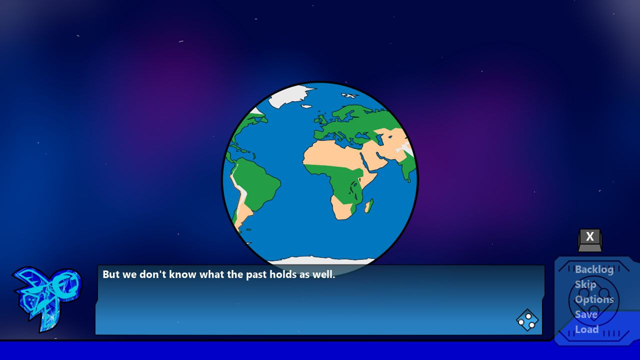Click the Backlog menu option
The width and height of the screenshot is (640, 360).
[594, 269]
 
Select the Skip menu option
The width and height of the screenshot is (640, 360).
[585, 284]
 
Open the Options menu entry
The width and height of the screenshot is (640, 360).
[594, 299]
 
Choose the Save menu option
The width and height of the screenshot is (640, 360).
[586, 314]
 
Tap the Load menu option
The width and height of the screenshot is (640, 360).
[586, 329]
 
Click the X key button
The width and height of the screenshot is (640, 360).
[590, 240]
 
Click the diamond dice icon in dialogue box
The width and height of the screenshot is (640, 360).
[527, 320]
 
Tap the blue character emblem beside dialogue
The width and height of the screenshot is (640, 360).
[47, 298]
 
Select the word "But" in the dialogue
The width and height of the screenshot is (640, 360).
[111, 274]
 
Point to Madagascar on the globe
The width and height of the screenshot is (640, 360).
[369, 205]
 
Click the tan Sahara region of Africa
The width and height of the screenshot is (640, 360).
[331, 154]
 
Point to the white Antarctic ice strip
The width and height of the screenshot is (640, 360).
[320, 260]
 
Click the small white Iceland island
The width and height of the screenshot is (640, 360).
[306, 106]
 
